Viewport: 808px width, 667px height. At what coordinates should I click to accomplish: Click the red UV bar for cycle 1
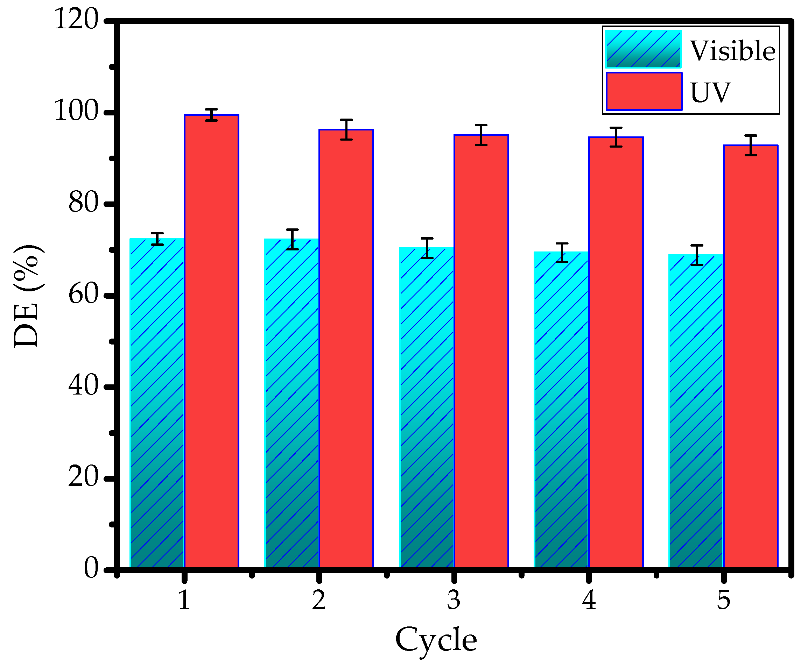click(x=211, y=342)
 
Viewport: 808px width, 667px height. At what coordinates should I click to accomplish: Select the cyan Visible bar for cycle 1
click(x=157, y=403)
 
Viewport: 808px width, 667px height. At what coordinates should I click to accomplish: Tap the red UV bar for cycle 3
click(x=481, y=352)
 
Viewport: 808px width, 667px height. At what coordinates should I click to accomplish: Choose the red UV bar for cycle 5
click(x=750, y=357)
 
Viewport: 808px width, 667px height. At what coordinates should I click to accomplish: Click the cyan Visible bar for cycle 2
click(x=292, y=403)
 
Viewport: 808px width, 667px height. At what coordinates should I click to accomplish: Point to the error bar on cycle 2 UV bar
click(x=346, y=129)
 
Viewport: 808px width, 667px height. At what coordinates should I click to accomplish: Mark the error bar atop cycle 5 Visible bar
click(x=696, y=255)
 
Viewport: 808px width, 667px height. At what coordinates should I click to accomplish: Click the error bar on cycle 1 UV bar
click(x=211, y=115)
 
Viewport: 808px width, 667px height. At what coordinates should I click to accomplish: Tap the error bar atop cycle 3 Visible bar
click(x=427, y=248)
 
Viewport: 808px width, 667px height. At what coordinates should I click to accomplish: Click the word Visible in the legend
click(x=732, y=51)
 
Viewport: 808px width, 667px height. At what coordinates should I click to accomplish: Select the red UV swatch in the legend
click(x=644, y=91)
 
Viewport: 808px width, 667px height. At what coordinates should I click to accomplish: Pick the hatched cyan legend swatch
click(x=643, y=49)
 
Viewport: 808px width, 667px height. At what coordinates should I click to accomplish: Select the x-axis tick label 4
click(x=589, y=600)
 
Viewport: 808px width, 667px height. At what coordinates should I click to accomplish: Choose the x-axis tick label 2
click(x=319, y=600)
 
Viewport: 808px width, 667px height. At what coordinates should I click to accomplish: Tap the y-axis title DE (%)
click(x=27, y=296)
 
